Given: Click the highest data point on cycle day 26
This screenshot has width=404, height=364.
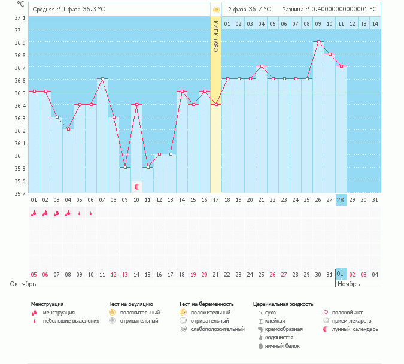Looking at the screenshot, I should coord(318,42).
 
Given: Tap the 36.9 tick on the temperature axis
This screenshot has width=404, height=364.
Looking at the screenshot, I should coord(20,43).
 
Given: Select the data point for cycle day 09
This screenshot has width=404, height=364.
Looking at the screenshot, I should coord(125,168).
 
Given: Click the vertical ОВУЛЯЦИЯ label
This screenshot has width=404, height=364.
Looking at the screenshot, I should coord(216,36).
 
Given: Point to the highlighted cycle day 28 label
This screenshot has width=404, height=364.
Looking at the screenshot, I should coord(341,199).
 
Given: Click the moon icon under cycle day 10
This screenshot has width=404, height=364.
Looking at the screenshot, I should coord(136,187).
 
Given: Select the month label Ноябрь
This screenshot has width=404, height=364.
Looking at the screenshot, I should coord(348,284).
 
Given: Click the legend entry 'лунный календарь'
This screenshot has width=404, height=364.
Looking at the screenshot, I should coord(355,329).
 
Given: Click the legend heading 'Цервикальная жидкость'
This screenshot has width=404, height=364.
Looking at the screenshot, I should coord(283,304).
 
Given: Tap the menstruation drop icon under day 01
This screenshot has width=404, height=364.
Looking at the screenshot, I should coord(34,213).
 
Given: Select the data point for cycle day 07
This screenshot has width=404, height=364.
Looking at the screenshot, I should coord(102,79).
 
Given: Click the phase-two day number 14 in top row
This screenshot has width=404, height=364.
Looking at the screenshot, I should coord(375,23).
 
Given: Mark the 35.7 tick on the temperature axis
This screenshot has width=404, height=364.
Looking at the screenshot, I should coord(20,193).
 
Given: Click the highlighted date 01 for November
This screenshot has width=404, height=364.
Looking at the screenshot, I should coord(341,274).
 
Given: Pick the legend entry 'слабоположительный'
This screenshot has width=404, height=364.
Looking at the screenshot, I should coord(217,329).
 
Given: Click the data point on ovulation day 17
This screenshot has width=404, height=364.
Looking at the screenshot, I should coord(216,104).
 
